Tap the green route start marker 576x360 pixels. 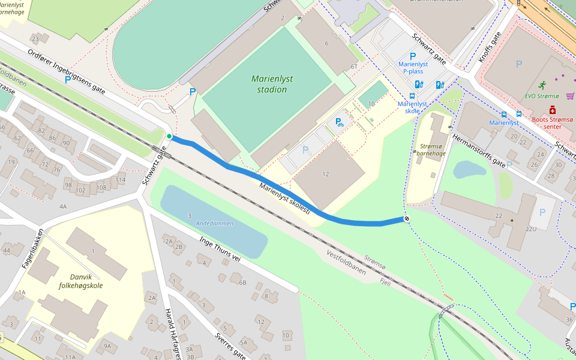169,137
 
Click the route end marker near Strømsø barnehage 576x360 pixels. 407,218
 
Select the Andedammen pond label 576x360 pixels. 214,223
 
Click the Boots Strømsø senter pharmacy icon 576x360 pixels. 553,110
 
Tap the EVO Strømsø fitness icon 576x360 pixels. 542,85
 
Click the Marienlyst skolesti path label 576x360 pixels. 284,199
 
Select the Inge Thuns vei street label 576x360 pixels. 220,249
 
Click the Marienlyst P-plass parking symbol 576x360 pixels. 413,56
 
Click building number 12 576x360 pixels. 326,174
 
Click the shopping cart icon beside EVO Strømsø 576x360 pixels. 569,96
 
